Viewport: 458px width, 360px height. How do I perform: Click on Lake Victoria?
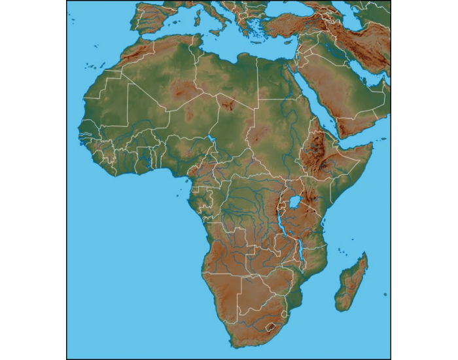click(296, 201)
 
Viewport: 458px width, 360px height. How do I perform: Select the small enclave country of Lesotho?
click(269, 324)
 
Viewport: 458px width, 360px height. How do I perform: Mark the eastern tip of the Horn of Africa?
click(372, 145)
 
